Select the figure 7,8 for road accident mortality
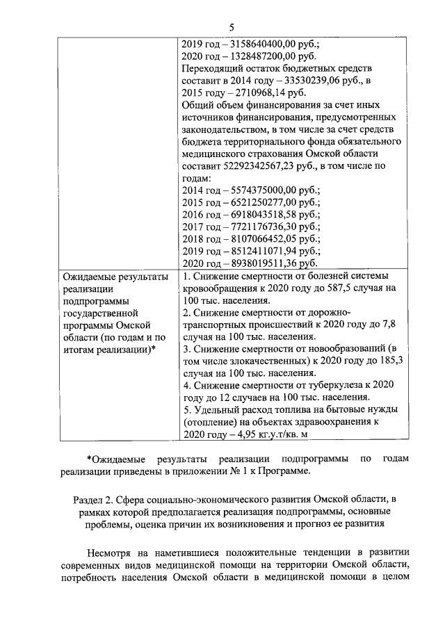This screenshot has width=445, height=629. pyautogui.click(x=388, y=325)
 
